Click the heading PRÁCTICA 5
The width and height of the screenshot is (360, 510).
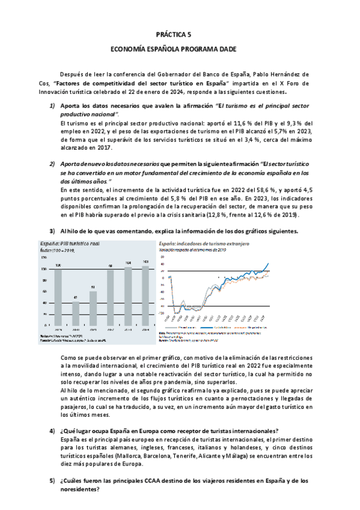[x=179, y=35]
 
